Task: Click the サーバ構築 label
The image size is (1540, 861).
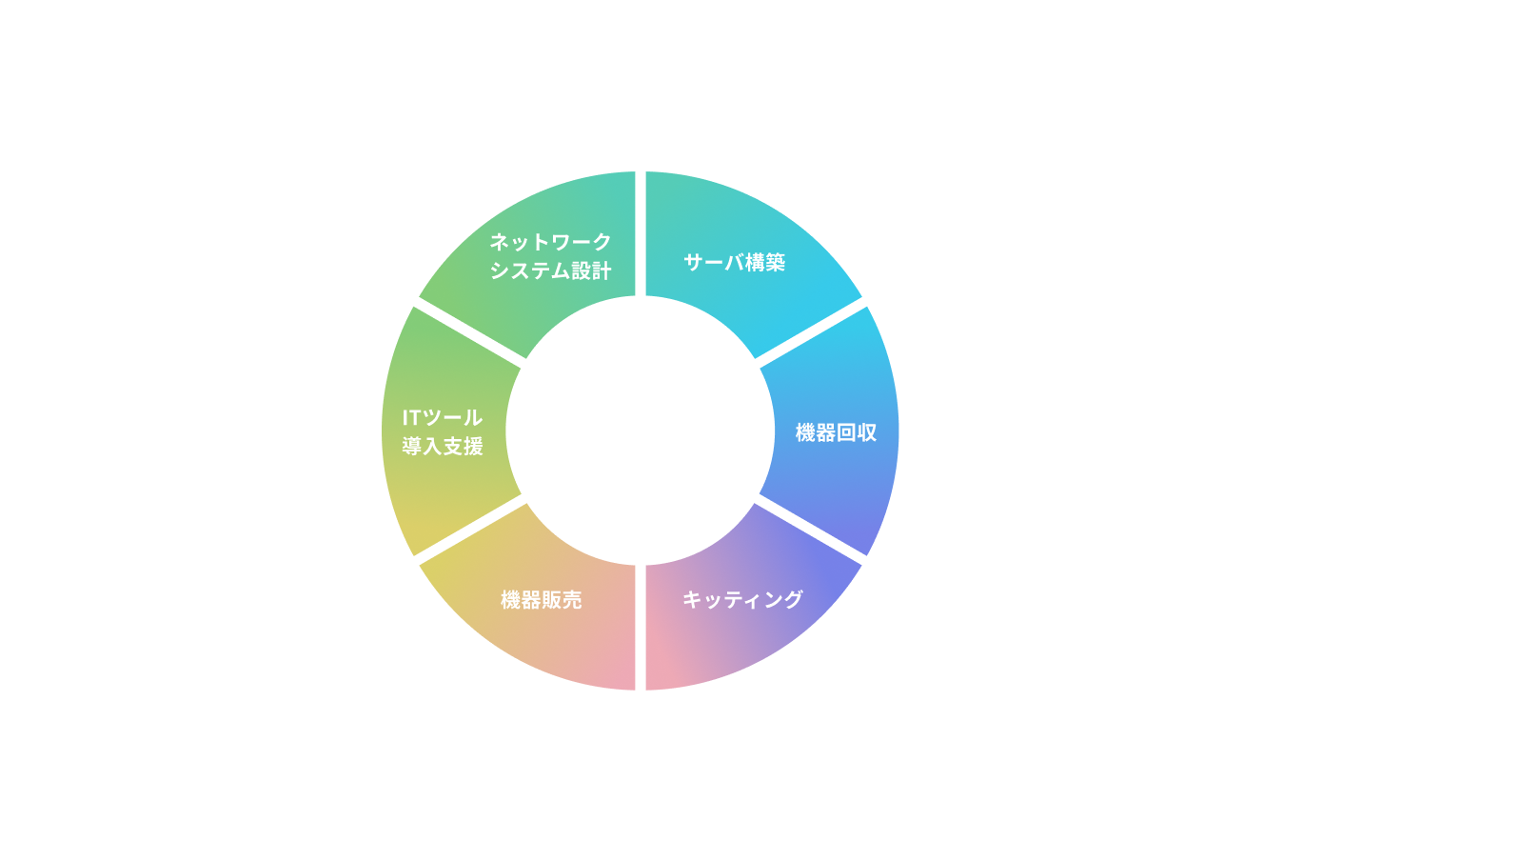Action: (734, 262)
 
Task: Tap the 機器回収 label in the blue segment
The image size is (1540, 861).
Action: (836, 432)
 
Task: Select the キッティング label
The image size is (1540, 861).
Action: (742, 599)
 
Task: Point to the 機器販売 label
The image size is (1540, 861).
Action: (541, 600)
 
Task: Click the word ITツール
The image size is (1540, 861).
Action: (442, 417)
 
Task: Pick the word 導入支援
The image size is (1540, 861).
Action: (442, 446)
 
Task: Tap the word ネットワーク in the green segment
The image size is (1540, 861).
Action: (550, 242)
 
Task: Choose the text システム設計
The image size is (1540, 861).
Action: (550, 270)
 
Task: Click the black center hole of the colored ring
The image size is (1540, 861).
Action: (640, 430)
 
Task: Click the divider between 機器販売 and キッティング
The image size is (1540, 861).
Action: (641, 626)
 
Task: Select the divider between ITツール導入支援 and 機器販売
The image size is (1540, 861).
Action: (470, 529)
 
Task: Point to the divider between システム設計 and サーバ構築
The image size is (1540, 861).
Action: (641, 234)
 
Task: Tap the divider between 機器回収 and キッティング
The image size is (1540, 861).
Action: (810, 529)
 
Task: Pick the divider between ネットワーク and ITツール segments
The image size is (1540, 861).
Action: (470, 332)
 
